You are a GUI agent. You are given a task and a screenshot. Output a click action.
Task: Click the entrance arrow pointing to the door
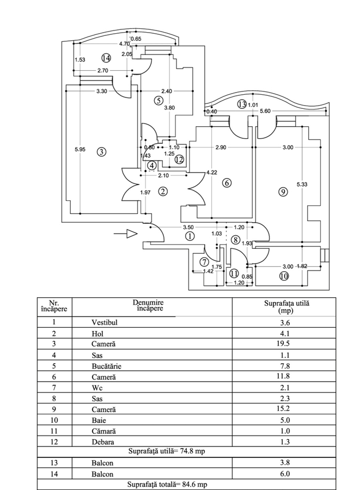pos(126,234)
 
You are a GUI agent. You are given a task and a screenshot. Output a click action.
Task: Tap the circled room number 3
pos(101,152)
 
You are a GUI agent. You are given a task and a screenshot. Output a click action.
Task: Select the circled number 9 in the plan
pos(282,191)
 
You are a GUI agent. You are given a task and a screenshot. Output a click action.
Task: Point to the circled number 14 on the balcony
pos(106,57)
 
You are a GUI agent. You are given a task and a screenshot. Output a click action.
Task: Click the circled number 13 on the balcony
pos(241,104)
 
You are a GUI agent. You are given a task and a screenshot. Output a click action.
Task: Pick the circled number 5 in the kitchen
pos(158,100)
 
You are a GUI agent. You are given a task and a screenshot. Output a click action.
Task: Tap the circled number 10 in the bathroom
pos(283,276)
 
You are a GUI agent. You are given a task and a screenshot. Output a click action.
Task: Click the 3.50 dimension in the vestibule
pos(188,227)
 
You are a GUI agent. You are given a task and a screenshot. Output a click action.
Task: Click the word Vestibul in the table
pos(105,322)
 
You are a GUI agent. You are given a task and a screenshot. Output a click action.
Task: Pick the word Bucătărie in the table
pos(111,366)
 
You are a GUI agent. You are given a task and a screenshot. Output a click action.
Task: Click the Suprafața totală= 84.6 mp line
pos(167,484)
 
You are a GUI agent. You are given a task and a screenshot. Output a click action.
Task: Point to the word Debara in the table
pos(103,442)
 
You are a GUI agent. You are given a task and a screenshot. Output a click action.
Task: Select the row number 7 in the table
pos(54,388)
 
